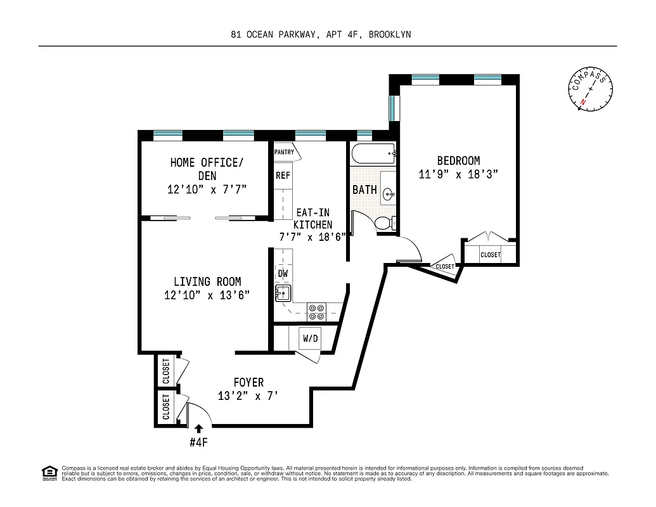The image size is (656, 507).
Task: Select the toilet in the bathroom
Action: [x=384, y=223]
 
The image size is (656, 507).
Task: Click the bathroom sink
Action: [x=389, y=194]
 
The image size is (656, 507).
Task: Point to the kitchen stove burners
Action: [x=316, y=311]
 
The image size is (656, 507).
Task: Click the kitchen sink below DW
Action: [x=282, y=293]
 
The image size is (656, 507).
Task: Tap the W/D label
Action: [x=310, y=339]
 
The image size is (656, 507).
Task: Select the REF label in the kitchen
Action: [x=282, y=176]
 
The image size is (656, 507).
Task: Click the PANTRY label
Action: [x=284, y=152]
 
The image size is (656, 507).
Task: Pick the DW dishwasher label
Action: [x=282, y=273]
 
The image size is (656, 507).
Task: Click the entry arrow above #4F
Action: [x=199, y=429]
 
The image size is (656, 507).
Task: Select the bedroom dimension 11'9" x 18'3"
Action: [x=454, y=174]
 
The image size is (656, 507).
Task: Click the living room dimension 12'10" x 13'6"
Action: [x=208, y=295]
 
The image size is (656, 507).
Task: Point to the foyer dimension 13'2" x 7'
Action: [x=248, y=396]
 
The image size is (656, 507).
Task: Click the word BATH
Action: [x=364, y=189]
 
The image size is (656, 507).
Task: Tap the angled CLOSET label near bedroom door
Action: [x=445, y=267]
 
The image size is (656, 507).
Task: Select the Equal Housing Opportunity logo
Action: [x=49, y=472]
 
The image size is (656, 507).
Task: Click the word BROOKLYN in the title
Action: [x=389, y=35]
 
